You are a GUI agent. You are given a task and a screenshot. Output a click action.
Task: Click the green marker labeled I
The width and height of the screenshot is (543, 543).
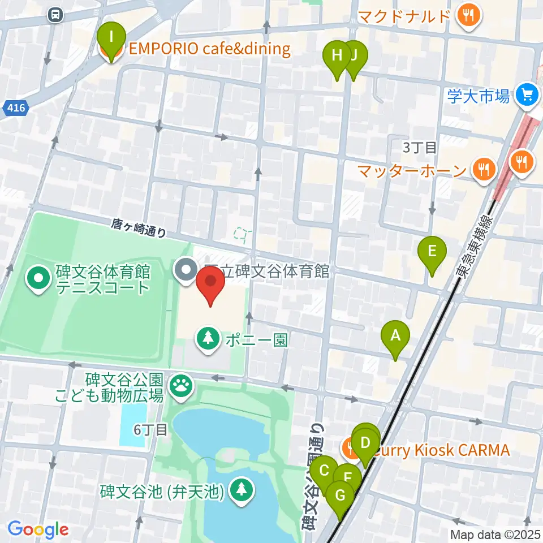click(111, 37)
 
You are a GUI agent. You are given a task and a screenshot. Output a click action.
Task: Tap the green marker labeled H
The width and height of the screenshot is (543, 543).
click(337, 55)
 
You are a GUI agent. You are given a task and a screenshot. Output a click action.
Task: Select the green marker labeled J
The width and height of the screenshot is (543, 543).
click(355, 55)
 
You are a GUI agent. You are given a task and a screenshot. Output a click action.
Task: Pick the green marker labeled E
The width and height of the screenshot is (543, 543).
click(432, 251)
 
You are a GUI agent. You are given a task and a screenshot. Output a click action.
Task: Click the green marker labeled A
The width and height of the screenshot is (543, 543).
click(396, 335)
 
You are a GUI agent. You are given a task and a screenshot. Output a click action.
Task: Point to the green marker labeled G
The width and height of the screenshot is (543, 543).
click(341, 495)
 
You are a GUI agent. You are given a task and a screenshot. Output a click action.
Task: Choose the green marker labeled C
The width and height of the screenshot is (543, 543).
click(324, 471)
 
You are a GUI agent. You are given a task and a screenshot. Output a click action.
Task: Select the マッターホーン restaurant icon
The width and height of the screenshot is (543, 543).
click(483, 169)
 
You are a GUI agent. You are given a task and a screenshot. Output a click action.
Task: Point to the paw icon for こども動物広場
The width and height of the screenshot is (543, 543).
click(181, 386)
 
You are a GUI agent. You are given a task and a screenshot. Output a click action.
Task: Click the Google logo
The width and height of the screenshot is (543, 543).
click(38, 530)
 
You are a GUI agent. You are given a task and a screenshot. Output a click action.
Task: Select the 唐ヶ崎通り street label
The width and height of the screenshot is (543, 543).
click(139, 229)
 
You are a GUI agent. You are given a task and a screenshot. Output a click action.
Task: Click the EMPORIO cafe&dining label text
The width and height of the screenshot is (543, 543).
click(209, 49)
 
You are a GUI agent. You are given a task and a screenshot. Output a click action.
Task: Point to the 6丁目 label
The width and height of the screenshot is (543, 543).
click(151, 430)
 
